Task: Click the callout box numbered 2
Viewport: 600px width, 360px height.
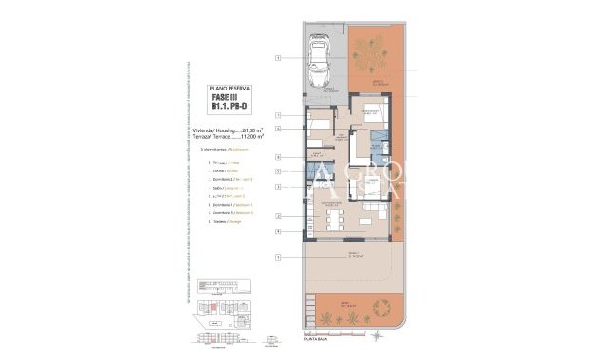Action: (278, 217)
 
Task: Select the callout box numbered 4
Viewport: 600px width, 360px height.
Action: (278, 231)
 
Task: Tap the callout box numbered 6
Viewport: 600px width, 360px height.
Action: (278, 127)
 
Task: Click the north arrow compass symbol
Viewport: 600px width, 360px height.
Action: (378, 335)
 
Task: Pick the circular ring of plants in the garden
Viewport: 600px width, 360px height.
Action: (385, 308)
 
